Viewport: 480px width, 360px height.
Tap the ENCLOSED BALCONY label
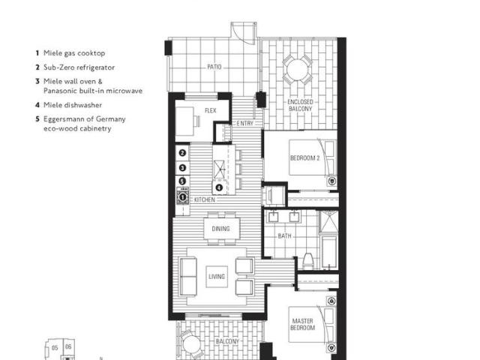point(300,105)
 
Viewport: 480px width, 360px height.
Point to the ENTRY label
point(244,123)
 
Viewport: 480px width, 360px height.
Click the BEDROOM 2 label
point(305,158)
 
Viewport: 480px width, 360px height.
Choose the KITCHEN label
point(205,200)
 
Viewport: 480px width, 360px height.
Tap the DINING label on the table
point(220,229)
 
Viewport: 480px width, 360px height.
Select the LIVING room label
point(216,277)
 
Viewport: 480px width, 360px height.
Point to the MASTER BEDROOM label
point(302,325)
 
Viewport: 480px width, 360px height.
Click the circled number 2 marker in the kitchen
point(181,153)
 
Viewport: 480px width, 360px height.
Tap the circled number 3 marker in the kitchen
point(181,167)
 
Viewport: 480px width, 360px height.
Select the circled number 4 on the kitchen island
point(220,187)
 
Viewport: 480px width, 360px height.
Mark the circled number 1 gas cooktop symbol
point(181,196)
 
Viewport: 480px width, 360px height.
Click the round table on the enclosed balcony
point(295,73)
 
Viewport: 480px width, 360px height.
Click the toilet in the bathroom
point(308,262)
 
